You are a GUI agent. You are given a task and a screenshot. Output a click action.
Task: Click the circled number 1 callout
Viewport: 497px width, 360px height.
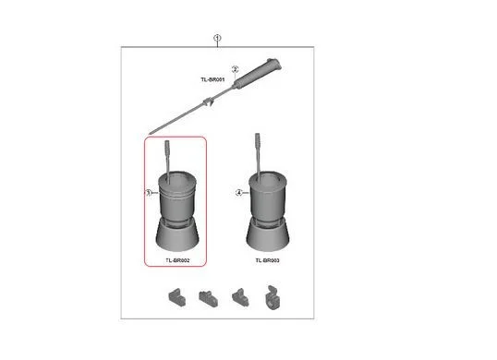[217, 39]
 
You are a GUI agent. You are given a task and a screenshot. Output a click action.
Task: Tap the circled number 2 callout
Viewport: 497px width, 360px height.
[235, 69]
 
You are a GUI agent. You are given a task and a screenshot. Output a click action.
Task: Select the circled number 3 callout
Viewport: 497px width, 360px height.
[149, 193]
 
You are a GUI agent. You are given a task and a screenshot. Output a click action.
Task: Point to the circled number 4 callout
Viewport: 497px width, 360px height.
[239, 193]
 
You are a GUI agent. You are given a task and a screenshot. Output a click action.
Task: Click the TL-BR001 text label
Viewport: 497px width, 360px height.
[212, 79]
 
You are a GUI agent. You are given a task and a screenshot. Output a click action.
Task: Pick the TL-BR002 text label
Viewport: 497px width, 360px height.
[177, 260]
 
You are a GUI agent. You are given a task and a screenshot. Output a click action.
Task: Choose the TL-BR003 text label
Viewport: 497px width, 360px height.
[268, 260]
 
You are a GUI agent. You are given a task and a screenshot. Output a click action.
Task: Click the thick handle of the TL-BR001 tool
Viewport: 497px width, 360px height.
[258, 73]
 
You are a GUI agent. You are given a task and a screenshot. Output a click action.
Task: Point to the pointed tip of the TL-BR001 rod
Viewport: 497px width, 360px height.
[150, 134]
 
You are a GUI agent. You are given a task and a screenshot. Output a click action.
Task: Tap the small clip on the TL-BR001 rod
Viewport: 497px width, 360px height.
[208, 102]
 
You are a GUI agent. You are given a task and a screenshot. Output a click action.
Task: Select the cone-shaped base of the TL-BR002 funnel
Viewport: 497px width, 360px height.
[177, 235]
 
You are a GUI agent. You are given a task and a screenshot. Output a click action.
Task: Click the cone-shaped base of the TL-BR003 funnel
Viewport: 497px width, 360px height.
[268, 235]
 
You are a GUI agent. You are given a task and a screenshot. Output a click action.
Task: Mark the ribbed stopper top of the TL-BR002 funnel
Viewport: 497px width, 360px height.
[167, 147]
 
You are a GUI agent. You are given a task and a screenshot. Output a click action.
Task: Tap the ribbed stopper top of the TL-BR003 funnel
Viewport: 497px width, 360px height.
[258, 140]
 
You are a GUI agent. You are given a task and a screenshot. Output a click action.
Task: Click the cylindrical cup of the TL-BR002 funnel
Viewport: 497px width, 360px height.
[177, 197]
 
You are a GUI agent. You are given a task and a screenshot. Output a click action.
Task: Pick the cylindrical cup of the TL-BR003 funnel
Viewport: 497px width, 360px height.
[268, 197]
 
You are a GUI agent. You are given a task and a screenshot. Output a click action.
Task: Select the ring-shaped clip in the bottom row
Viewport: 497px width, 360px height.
[273, 297]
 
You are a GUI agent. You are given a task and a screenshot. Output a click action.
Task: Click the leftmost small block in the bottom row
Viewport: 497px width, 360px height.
[176, 297]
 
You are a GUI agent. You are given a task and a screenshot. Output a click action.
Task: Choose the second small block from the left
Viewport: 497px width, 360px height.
[208, 298]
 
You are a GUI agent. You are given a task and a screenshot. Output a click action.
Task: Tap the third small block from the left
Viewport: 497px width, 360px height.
[240, 297]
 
